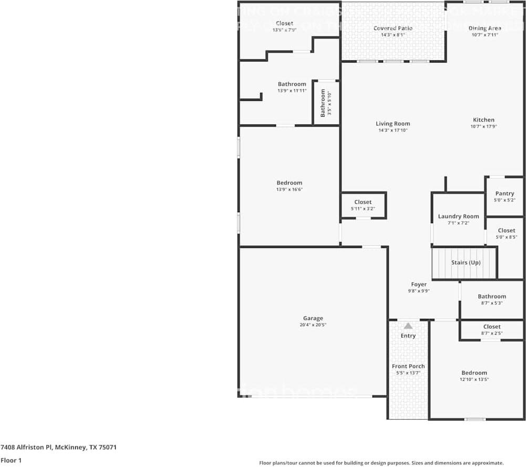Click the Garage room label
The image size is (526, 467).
pyautogui.click(x=313, y=318)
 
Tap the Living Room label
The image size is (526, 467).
pyautogui.click(x=393, y=124)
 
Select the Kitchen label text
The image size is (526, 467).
pyautogui.click(x=483, y=120)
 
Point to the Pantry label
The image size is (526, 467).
pyautogui.click(x=504, y=193)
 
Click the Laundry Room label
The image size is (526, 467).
pyautogui.click(x=458, y=216)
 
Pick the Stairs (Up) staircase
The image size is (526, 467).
pyautogui.click(x=464, y=263)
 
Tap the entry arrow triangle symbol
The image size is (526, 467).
pyautogui.click(x=408, y=326)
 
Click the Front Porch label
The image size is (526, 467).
pyautogui.click(x=408, y=366)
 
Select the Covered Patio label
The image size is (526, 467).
pyautogui.click(x=393, y=28)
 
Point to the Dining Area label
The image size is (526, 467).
pyautogui.click(x=484, y=28)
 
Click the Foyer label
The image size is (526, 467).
pyautogui.click(x=419, y=284)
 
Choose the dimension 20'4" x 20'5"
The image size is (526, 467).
pyautogui.click(x=313, y=325)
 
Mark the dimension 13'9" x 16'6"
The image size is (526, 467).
pyautogui.click(x=289, y=190)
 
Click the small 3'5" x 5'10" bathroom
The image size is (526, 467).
pyautogui.click(x=326, y=102)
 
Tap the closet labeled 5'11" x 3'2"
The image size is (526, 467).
pyautogui.click(x=363, y=205)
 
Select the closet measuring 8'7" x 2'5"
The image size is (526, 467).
pyautogui.click(x=492, y=330)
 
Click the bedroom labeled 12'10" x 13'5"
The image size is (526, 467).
pyautogui.click(x=474, y=376)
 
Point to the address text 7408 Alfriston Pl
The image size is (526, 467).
pyautogui.click(x=58, y=448)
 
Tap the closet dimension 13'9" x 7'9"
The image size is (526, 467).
pyautogui.click(x=284, y=30)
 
